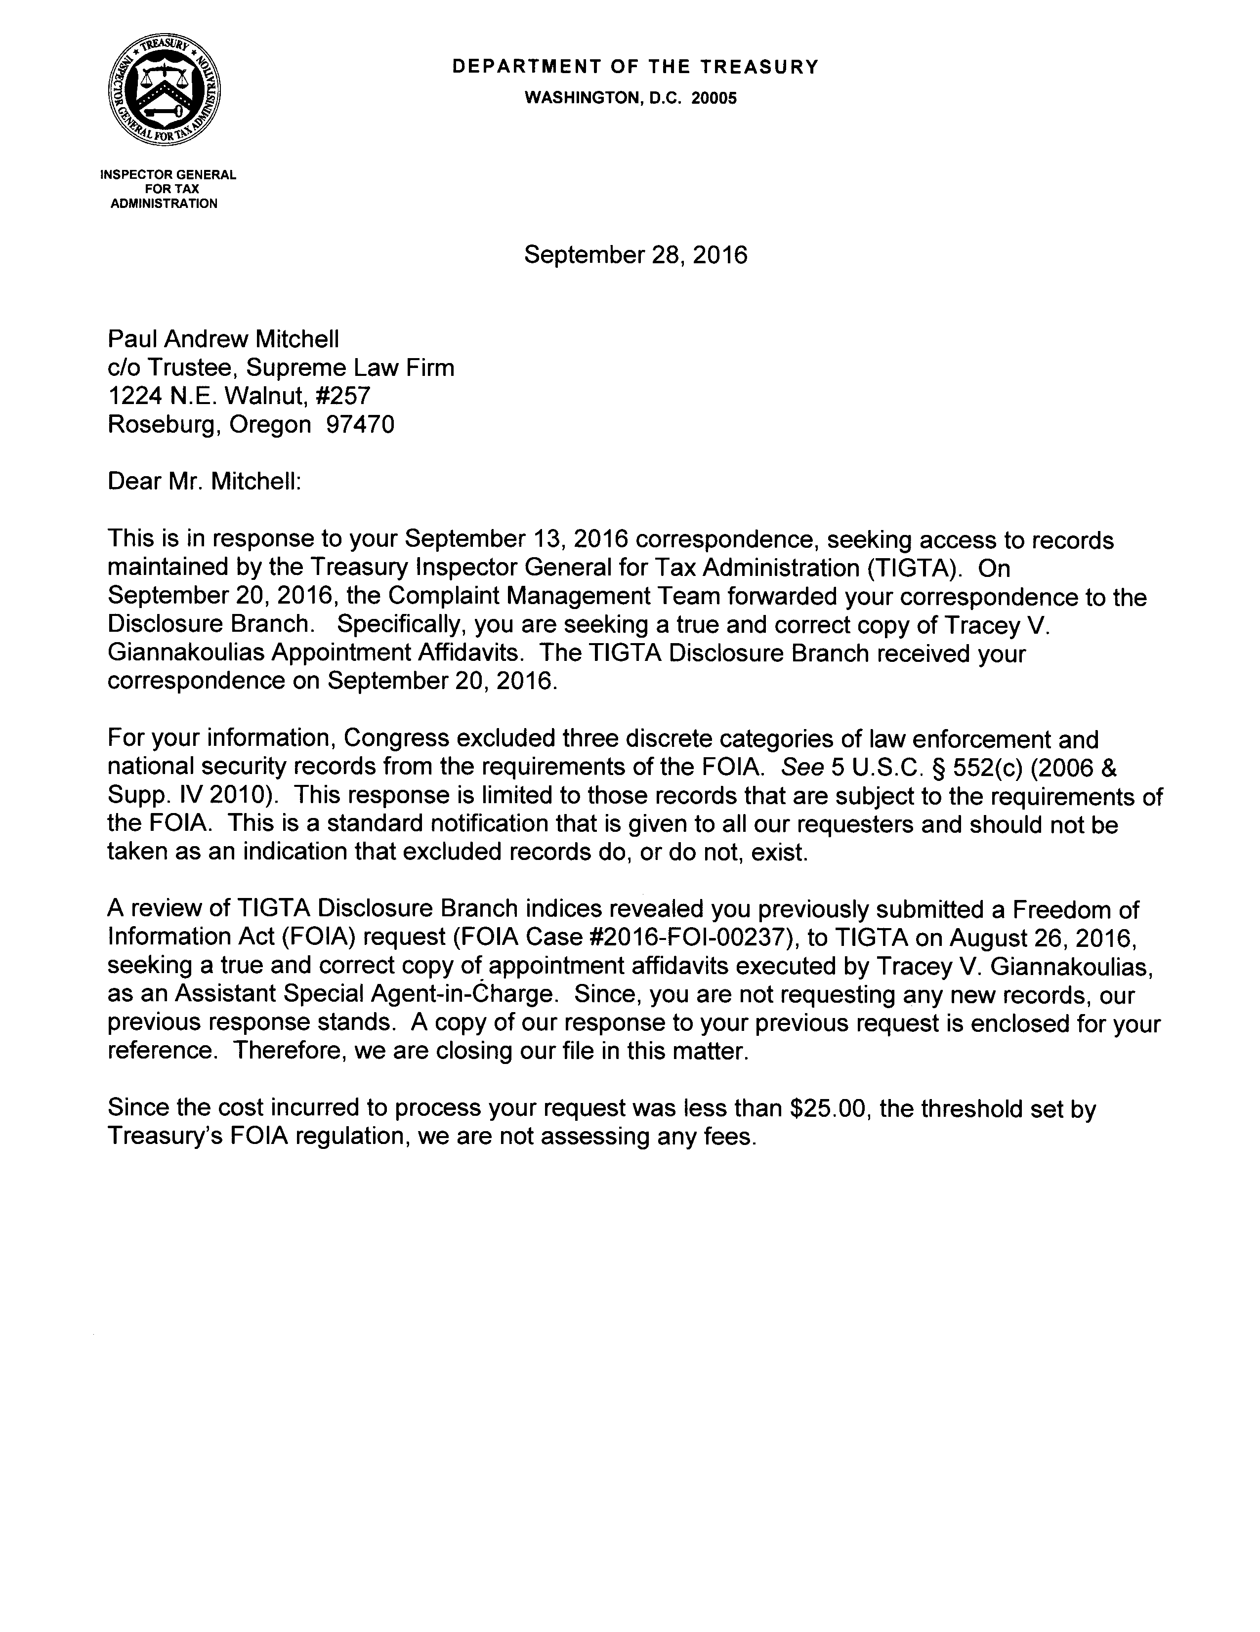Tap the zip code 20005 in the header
tap(713, 98)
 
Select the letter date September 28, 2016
tap(635, 255)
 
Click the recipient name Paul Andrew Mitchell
tap(223, 339)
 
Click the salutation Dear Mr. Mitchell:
tap(204, 481)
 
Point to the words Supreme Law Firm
tap(350, 367)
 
